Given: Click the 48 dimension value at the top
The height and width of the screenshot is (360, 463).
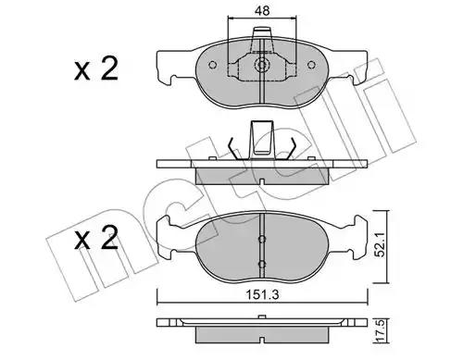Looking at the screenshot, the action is (x=262, y=11).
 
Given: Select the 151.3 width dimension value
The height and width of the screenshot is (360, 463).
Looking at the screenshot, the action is (x=262, y=295).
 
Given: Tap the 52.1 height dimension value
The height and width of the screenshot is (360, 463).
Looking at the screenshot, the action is (x=381, y=245).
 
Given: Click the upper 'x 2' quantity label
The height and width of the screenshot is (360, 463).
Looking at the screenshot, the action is (x=96, y=70).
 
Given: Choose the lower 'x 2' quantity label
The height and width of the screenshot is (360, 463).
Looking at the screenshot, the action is (x=96, y=238).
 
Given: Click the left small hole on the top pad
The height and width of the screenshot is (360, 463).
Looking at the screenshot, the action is (x=212, y=65).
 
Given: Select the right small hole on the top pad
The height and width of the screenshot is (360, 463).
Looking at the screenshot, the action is (x=312, y=65).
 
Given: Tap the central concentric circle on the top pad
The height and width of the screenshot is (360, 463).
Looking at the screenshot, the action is (x=262, y=65).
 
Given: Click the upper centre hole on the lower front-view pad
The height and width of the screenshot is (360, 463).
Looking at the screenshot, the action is (x=262, y=239).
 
